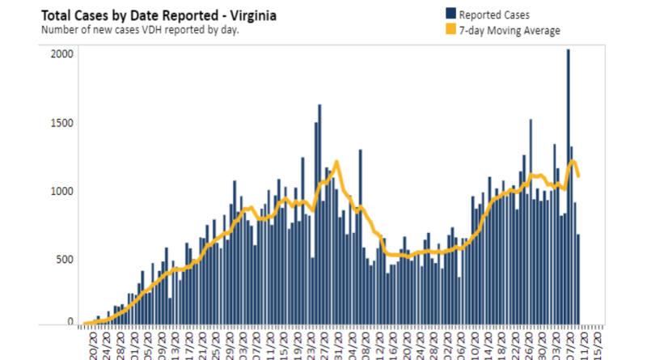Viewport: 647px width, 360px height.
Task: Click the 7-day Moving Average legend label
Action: [x=509, y=30]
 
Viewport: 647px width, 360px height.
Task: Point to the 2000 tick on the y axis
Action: [x=63, y=54]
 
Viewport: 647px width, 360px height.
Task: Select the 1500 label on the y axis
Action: [x=63, y=123]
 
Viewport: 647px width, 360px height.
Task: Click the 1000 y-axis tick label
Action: [x=63, y=191]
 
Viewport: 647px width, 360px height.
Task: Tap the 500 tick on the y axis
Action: [x=66, y=259]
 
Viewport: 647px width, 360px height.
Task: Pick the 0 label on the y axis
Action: [x=71, y=322]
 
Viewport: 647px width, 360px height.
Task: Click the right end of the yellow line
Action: [x=578, y=176]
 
